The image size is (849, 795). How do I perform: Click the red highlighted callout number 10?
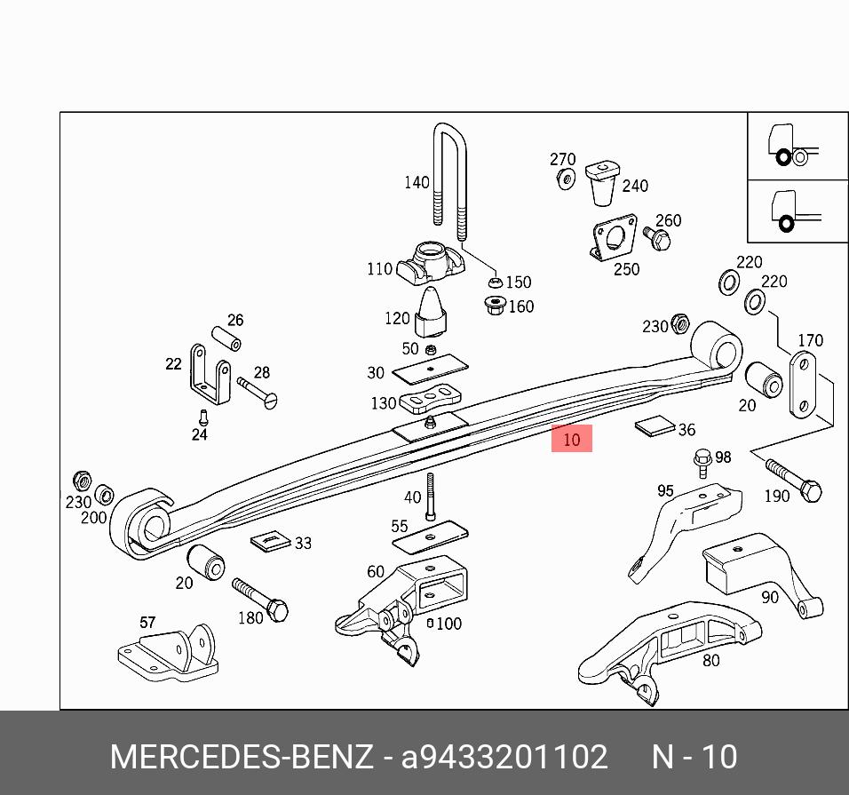click(x=571, y=439)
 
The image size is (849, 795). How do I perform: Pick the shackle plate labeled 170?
click(x=804, y=385)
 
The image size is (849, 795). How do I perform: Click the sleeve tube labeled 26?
click(x=227, y=339)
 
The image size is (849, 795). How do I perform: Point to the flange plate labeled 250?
click(x=615, y=238)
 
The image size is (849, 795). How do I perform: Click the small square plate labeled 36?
click(x=655, y=426)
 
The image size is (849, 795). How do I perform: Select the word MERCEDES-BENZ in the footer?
click(x=242, y=758)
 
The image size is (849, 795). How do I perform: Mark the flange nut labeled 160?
click(x=496, y=306)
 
